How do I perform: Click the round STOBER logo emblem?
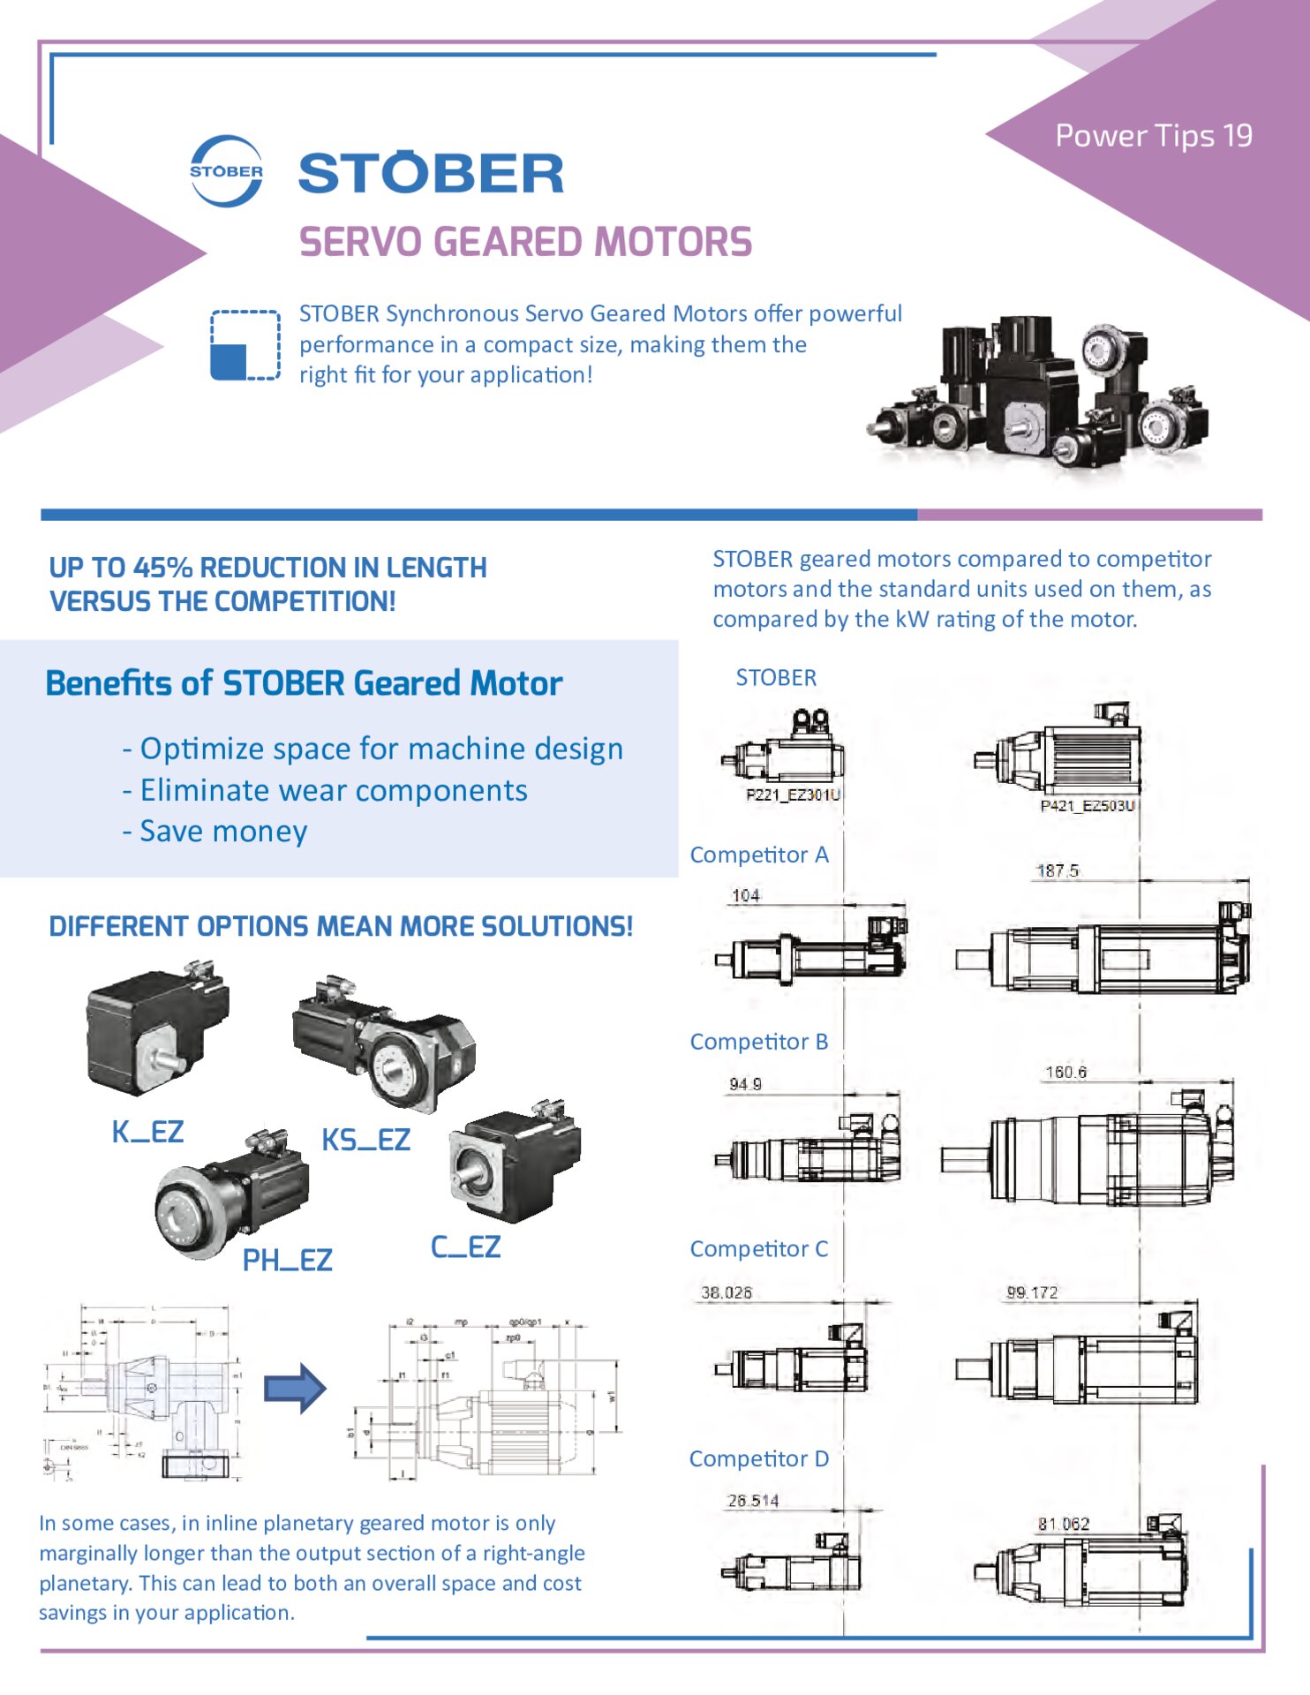coord(226,171)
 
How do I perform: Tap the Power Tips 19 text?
coord(1153,136)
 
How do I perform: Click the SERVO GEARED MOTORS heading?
coord(525,243)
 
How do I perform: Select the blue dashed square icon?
coord(245,345)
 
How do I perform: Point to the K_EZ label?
coord(147,1132)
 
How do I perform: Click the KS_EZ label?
coord(365,1140)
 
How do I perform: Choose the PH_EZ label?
coord(287,1260)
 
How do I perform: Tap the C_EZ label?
coord(465,1247)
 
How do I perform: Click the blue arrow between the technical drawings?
coord(296,1388)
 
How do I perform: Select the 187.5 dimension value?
coord(1057,871)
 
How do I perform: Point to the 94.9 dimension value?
coord(745,1084)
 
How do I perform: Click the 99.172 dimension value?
coord(1032,1292)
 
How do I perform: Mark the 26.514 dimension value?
coord(752,1501)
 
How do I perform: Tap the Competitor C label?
coord(758,1249)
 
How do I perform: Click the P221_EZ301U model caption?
coord(793,795)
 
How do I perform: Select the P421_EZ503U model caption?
coord(1088,805)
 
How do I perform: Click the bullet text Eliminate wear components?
coord(334,790)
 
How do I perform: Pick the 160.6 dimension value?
coord(1065,1073)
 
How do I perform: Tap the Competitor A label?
coord(758,855)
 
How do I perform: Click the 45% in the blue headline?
coord(163,568)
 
